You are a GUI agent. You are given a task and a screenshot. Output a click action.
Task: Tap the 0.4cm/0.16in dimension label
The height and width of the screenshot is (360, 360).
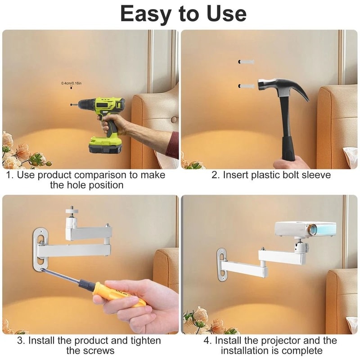(71, 83)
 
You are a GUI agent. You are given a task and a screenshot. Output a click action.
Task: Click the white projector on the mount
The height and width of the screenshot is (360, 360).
(306, 229)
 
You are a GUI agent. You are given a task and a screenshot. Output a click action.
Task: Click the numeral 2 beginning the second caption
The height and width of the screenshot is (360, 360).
(215, 175)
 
